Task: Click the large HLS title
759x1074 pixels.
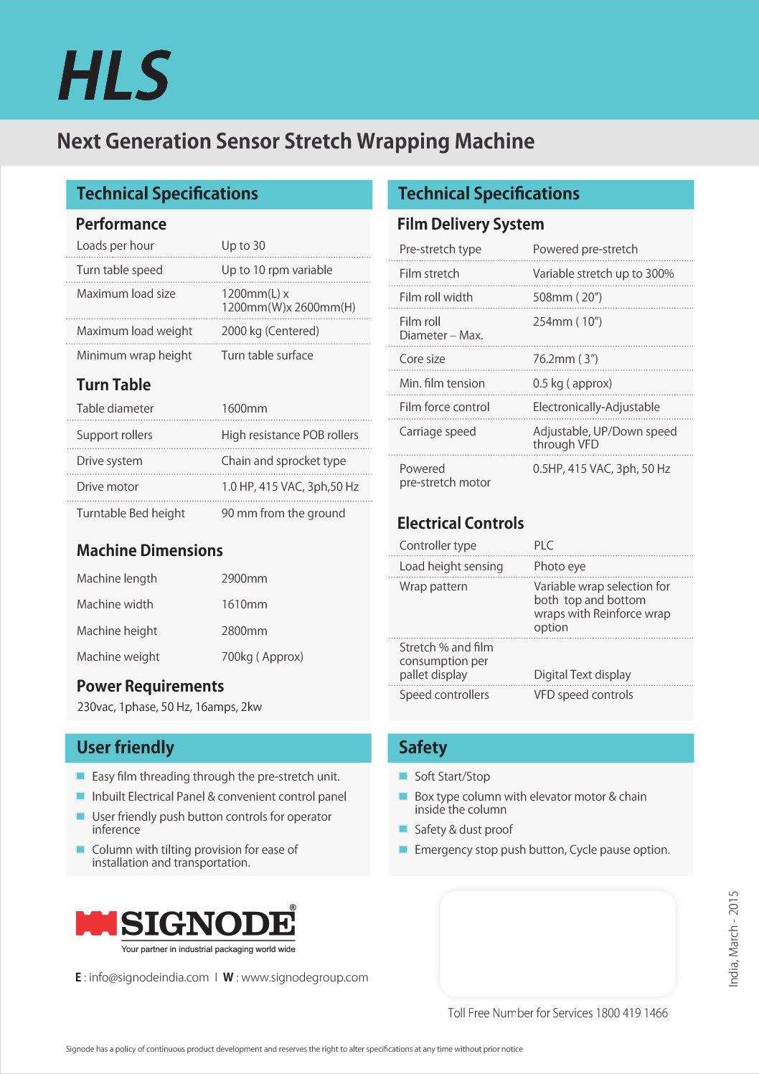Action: pyautogui.click(x=115, y=75)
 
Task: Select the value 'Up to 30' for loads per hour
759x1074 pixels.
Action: pyautogui.click(x=243, y=245)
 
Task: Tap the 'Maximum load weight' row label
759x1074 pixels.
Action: pyautogui.click(x=134, y=331)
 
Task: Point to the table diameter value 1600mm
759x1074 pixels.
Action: pyautogui.click(x=244, y=408)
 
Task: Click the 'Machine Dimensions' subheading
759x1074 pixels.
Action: pyautogui.click(x=149, y=550)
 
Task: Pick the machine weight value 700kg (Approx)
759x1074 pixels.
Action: pyautogui.click(x=262, y=656)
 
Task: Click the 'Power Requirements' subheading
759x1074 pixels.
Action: pyautogui.click(x=150, y=686)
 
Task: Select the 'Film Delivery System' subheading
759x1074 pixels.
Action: pyautogui.click(x=470, y=224)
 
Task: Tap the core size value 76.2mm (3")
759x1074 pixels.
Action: pyautogui.click(x=565, y=359)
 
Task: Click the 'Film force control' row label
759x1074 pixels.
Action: pyautogui.click(x=444, y=407)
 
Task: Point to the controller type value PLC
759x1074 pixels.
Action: pyautogui.click(x=543, y=545)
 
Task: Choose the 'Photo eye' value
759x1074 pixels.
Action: pyautogui.click(x=559, y=566)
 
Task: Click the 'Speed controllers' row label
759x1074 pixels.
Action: pyautogui.click(x=444, y=694)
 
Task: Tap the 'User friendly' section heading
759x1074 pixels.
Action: pyautogui.click(x=125, y=748)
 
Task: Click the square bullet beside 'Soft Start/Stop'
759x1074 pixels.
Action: pyautogui.click(x=403, y=776)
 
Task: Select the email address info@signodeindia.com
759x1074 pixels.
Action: pyautogui.click(x=148, y=977)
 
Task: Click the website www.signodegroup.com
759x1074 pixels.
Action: pyautogui.click(x=304, y=977)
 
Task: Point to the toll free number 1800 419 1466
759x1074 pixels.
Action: pyautogui.click(x=631, y=1013)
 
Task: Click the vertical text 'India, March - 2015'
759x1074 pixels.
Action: pyautogui.click(x=733, y=938)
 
